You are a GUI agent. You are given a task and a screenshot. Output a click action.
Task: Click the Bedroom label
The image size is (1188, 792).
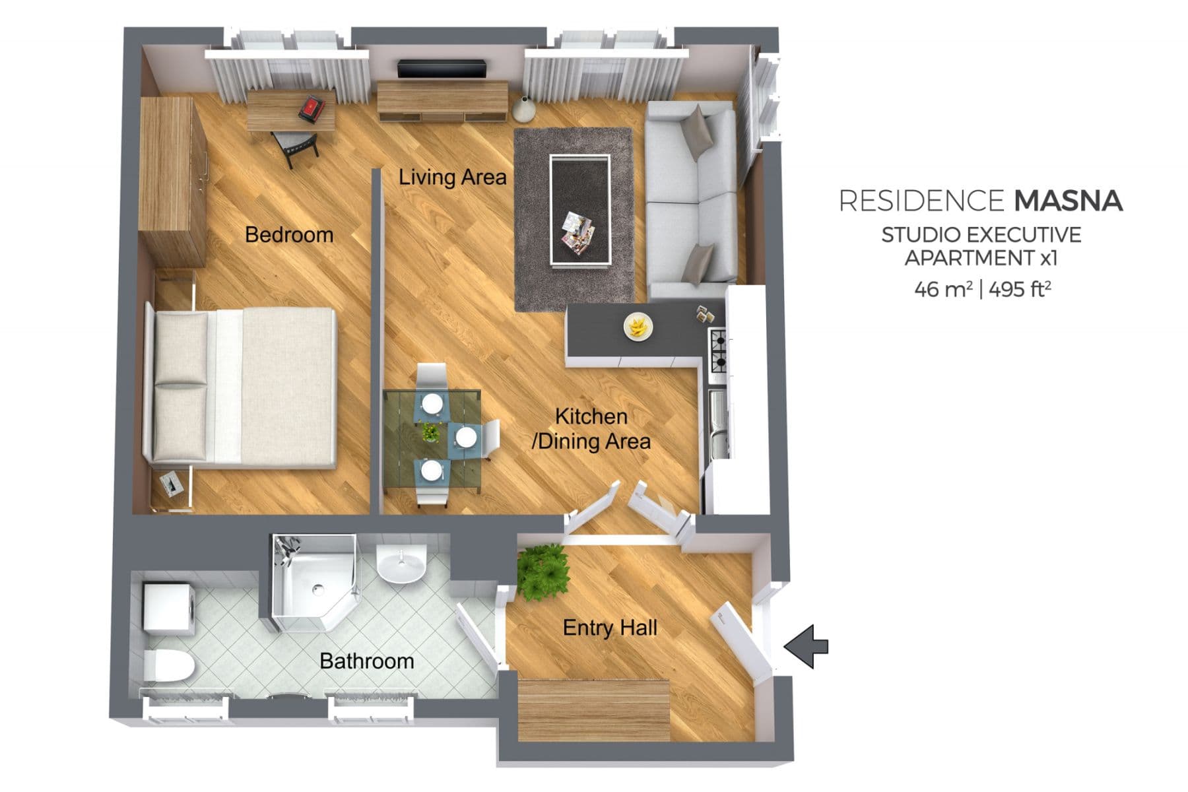tap(288, 235)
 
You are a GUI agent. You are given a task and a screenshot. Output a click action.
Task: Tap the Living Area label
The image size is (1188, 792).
tap(452, 177)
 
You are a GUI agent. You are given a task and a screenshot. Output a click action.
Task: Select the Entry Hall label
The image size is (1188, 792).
tap(609, 627)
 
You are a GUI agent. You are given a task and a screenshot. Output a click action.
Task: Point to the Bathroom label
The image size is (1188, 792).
tap(366, 661)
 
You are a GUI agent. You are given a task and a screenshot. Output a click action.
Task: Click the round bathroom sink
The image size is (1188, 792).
tap(401, 564)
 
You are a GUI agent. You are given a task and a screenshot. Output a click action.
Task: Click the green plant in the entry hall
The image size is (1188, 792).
tap(543, 572)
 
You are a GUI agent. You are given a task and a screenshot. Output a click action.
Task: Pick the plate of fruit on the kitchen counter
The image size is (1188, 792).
tap(638, 325)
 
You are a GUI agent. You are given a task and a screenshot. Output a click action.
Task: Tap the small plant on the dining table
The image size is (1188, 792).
tap(430, 432)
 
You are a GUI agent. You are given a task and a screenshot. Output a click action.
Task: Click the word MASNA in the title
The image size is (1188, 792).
tap(1068, 201)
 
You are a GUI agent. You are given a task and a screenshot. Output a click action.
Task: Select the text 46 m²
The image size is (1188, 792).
tap(942, 289)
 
